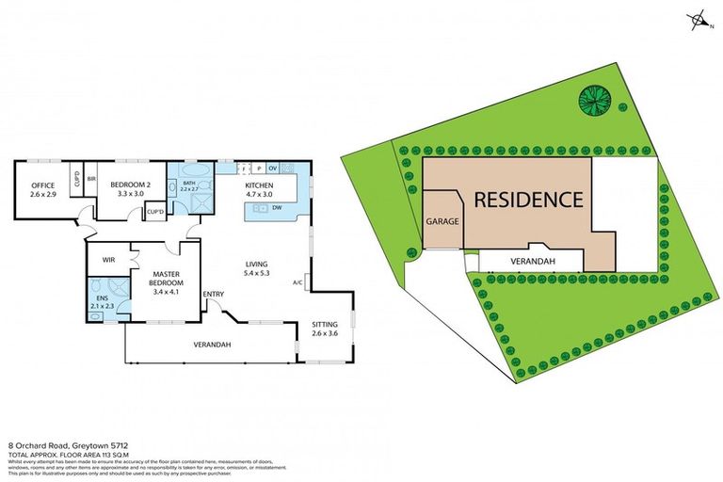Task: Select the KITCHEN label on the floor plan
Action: coord(259,185)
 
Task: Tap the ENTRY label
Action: coord(213,294)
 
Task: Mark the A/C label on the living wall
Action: coord(297,281)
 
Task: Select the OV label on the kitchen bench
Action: coord(273,169)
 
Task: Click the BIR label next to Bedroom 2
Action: coord(91,178)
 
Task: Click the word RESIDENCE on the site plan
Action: coord(527,200)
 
